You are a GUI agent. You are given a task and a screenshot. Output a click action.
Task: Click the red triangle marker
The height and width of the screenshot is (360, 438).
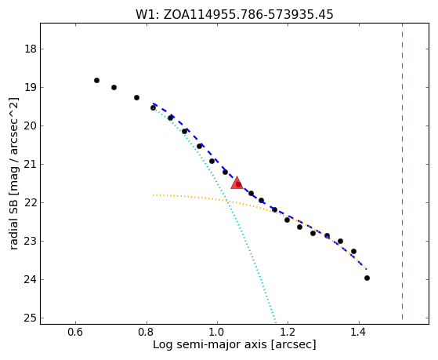point(237,183)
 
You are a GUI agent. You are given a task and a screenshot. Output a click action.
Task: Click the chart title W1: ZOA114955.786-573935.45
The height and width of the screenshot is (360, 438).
point(234,14)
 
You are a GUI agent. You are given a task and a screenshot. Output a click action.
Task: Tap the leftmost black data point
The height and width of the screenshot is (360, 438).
point(96,81)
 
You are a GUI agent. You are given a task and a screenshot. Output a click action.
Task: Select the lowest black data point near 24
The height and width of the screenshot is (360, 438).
point(367,278)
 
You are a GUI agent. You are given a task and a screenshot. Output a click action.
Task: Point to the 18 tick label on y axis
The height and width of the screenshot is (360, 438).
point(31,49)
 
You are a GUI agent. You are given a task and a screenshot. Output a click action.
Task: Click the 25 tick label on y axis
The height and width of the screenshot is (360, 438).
point(31,318)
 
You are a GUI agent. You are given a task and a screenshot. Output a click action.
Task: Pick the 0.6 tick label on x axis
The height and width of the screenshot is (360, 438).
point(75,333)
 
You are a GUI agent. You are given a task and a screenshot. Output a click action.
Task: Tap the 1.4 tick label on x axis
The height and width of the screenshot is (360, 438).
point(359,333)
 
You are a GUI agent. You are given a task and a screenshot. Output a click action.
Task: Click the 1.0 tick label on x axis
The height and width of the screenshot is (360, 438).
point(217,333)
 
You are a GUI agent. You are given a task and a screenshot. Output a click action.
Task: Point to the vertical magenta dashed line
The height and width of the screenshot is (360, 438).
point(402,171)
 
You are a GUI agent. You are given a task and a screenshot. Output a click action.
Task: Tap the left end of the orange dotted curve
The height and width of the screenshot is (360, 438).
point(153,195)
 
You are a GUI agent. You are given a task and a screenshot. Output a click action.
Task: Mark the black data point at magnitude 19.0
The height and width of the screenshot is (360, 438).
point(114,88)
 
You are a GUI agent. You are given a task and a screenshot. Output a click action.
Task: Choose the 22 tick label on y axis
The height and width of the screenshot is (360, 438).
point(31,203)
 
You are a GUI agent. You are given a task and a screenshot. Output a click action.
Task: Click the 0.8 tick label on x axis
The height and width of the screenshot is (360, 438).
point(147,333)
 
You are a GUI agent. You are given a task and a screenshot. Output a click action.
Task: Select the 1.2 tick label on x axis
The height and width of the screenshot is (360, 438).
point(288,333)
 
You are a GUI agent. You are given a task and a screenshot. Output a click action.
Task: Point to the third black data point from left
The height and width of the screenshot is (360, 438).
point(136,97)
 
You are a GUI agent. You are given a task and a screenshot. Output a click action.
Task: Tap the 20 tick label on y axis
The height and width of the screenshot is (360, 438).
point(31,126)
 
